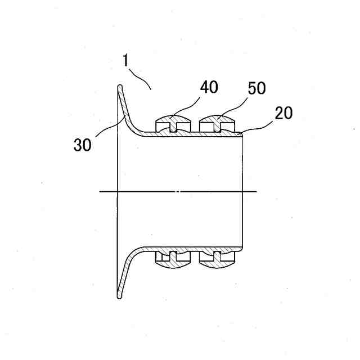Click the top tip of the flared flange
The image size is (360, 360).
pos(119,87)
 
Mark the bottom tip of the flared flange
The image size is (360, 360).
pos(119,295)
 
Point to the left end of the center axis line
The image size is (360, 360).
pos(100,192)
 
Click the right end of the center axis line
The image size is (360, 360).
pos(257,192)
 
